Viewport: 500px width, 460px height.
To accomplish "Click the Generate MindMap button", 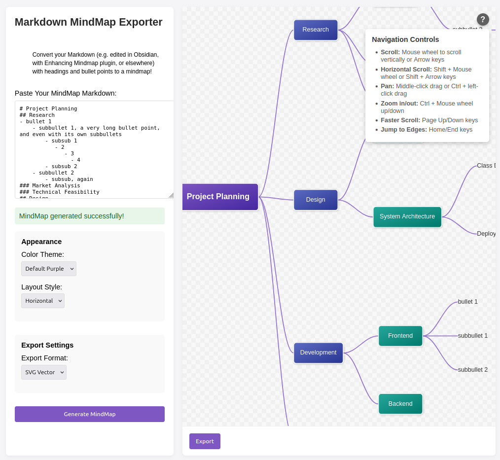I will point(89,414).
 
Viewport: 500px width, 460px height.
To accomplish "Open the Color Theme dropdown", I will point(49,269).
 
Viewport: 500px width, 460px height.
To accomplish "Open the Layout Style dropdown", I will point(43,301).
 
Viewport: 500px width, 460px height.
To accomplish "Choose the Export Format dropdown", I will point(44,372).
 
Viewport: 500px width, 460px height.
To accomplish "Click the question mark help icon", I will point(483,20).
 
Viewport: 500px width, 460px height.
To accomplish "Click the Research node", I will point(316,30).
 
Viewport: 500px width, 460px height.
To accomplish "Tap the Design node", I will point(316,200).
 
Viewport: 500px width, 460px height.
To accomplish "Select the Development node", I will point(318,353).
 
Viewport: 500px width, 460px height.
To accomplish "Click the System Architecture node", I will point(407,216).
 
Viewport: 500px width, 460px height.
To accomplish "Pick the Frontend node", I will point(400,336).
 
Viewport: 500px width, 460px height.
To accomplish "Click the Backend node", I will point(400,404).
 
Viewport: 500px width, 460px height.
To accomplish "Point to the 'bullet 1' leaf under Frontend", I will point(467,302).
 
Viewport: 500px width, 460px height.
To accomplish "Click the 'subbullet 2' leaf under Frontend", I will point(472,370).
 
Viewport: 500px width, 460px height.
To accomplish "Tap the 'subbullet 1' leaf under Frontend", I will point(472,336).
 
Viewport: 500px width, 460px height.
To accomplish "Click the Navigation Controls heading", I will point(405,39).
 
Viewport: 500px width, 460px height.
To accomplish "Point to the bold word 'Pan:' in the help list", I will point(387,86).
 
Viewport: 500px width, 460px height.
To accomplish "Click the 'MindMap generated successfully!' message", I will point(72,216).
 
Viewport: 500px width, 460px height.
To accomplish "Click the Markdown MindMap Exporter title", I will point(89,22).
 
